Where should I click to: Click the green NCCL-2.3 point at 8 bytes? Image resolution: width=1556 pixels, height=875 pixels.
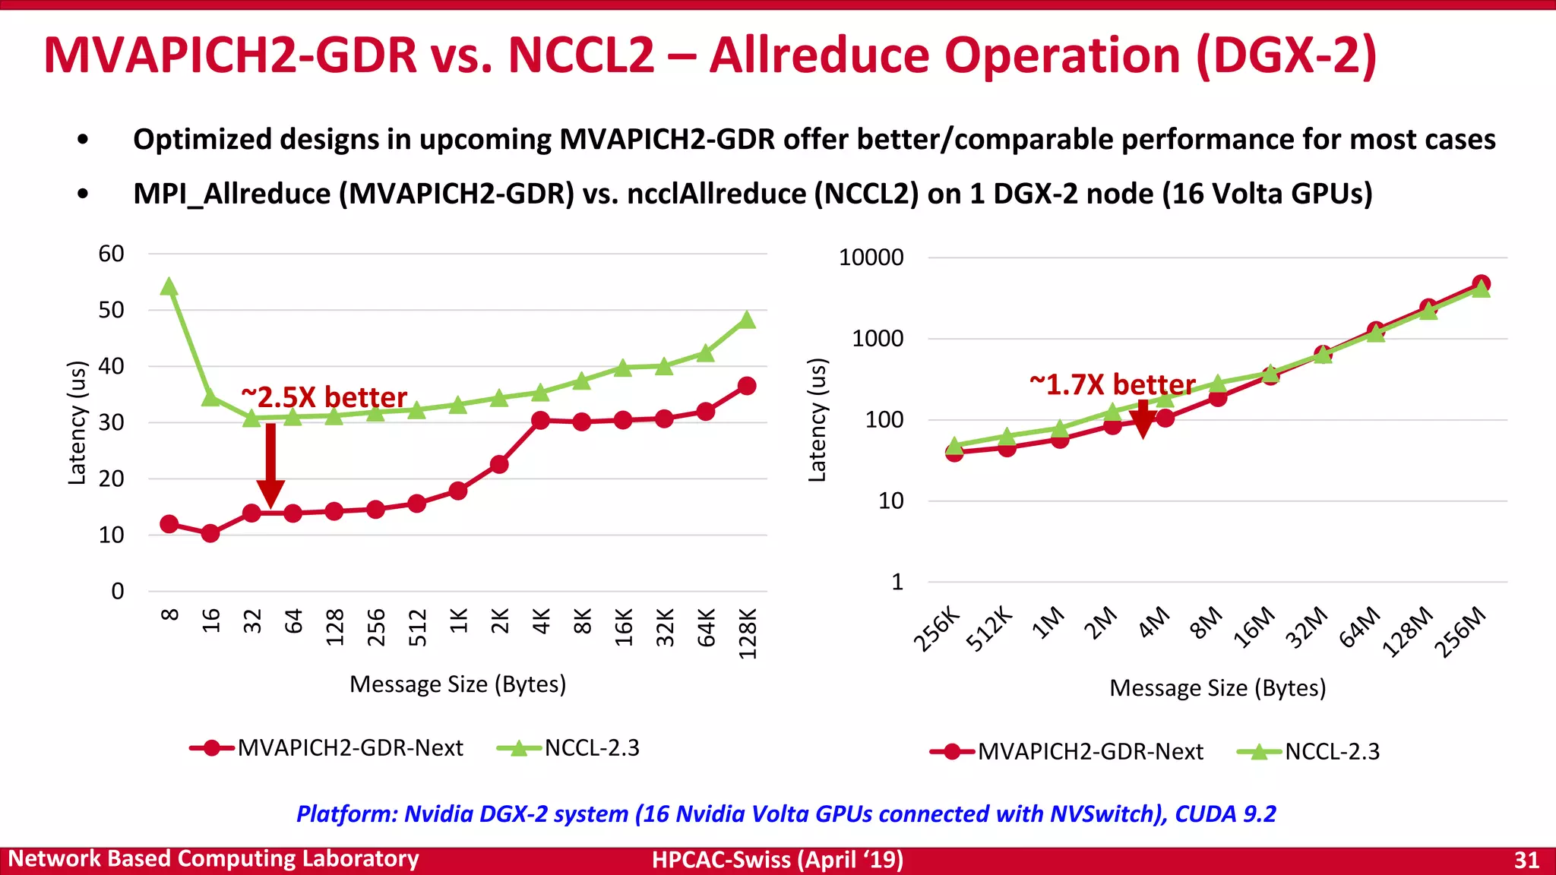(169, 287)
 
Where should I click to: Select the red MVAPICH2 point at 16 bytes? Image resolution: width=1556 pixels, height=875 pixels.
(210, 533)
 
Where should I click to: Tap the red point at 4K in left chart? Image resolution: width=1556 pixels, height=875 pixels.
(540, 420)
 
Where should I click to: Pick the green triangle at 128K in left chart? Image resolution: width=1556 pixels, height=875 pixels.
(747, 321)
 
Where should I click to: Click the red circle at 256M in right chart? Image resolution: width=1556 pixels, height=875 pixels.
(1481, 283)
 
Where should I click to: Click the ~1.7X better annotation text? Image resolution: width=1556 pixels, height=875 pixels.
(1112, 384)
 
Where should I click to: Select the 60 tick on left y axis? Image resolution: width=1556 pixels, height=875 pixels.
(111, 254)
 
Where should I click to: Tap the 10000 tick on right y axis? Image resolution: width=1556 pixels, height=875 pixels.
(871, 257)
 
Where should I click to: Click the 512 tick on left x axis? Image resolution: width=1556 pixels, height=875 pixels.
(417, 627)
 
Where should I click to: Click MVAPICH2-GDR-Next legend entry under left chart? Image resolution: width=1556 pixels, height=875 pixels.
(327, 748)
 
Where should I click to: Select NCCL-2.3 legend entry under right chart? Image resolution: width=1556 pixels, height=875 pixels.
(1308, 752)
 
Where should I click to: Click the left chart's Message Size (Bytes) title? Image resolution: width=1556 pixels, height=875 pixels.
(457, 684)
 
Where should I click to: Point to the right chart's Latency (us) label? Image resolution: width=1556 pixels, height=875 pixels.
(817, 420)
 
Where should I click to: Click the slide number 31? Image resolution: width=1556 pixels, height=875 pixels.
(1526, 860)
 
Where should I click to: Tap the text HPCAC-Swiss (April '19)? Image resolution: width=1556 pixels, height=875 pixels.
(777, 860)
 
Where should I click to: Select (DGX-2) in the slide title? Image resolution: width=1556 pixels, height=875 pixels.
(1286, 55)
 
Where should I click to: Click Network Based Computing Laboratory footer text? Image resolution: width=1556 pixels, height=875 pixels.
(213, 859)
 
